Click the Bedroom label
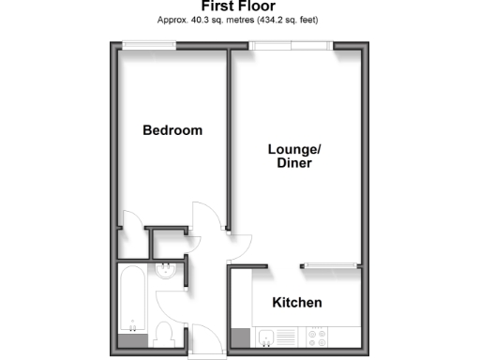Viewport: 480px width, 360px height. coord(172,130)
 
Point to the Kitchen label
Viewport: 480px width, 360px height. coord(296,303)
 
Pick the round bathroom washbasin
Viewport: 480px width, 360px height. coord(167,273)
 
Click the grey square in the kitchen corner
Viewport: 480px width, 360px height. coord(241,337)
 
